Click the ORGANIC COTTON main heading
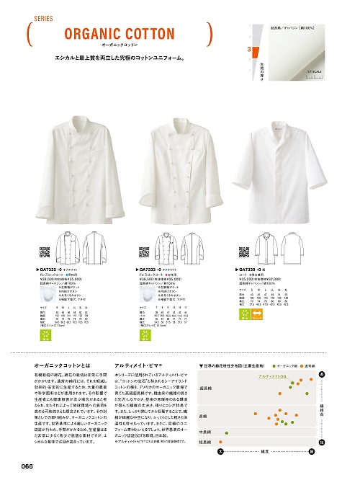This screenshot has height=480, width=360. (x=119, y=34)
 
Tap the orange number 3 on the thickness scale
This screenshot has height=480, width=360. (x=249, y=50)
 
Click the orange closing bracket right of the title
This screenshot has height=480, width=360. (x=209, y=32)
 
